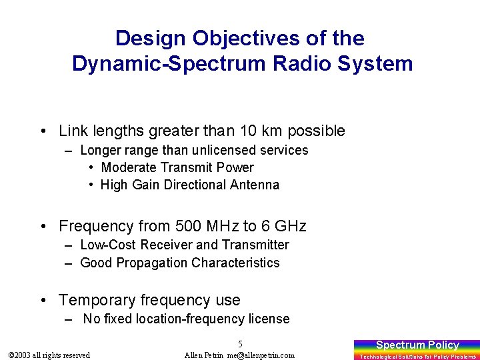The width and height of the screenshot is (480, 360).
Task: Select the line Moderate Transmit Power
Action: point(177,167)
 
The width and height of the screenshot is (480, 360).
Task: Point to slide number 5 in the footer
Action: point(240,344)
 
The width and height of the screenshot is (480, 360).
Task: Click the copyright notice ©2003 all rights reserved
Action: point(48,355)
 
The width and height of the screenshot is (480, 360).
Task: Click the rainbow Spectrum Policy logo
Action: point(417,345)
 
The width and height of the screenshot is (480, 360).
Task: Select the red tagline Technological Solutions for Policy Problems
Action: point(417,357)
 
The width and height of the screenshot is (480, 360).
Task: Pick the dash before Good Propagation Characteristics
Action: point(69,263)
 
